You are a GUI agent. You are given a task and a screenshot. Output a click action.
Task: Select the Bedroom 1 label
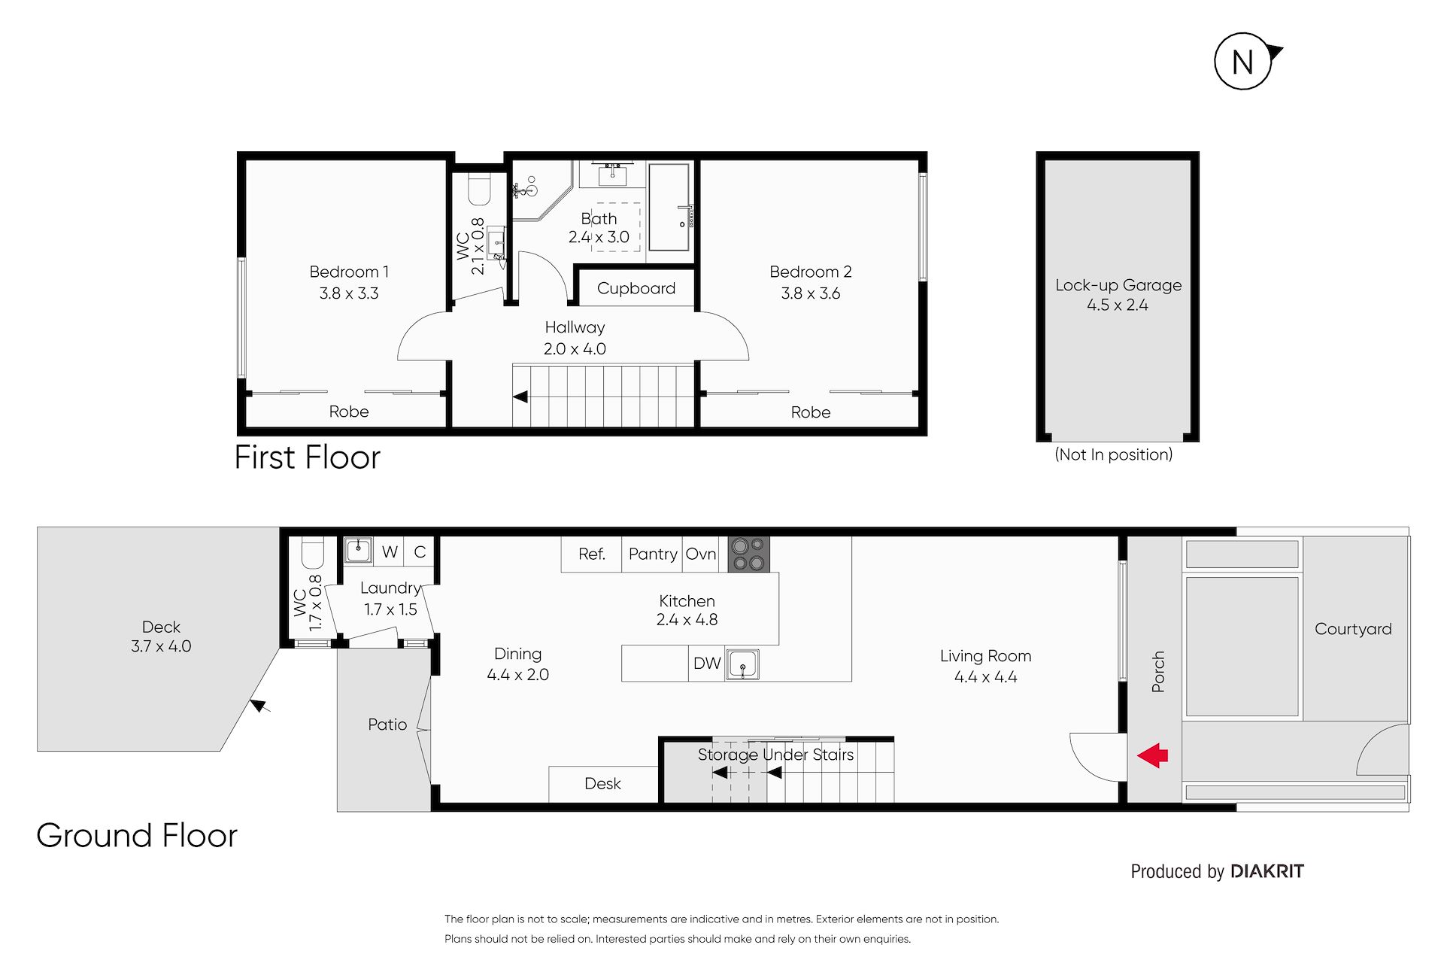click(349, 272)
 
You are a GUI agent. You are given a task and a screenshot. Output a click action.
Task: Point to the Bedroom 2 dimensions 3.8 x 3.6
click(811, 293)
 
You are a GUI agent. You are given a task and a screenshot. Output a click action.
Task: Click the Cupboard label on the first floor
click(636, 288)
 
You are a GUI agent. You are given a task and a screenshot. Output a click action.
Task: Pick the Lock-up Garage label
click(1118, 285)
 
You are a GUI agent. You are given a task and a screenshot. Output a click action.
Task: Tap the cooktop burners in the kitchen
click(748, 554)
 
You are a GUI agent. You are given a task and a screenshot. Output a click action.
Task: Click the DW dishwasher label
click(707, 663)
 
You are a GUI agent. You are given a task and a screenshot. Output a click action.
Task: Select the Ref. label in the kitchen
click(592, 554)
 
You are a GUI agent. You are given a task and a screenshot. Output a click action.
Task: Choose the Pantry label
click(653, 554)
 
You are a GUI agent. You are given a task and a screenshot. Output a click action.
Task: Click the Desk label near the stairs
click(602, 783)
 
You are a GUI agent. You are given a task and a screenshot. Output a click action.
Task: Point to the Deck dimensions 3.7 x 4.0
click(161, 646)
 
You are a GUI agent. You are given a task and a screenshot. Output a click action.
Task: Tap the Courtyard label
click(1353, 629)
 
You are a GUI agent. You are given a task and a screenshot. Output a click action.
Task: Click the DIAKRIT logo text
click(1267, 871)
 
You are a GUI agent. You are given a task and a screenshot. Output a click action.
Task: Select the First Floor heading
click(308, 457)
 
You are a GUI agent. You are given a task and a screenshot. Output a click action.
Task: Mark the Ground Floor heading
click(137, 835)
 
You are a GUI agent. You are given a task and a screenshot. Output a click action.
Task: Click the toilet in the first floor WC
click(479, 189)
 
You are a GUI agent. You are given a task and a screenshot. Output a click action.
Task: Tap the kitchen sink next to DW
click(742, 665)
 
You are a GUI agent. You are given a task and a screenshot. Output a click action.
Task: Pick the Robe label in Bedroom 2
click(811, 412)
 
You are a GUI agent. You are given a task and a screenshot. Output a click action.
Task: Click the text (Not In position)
click(1114, 454)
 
